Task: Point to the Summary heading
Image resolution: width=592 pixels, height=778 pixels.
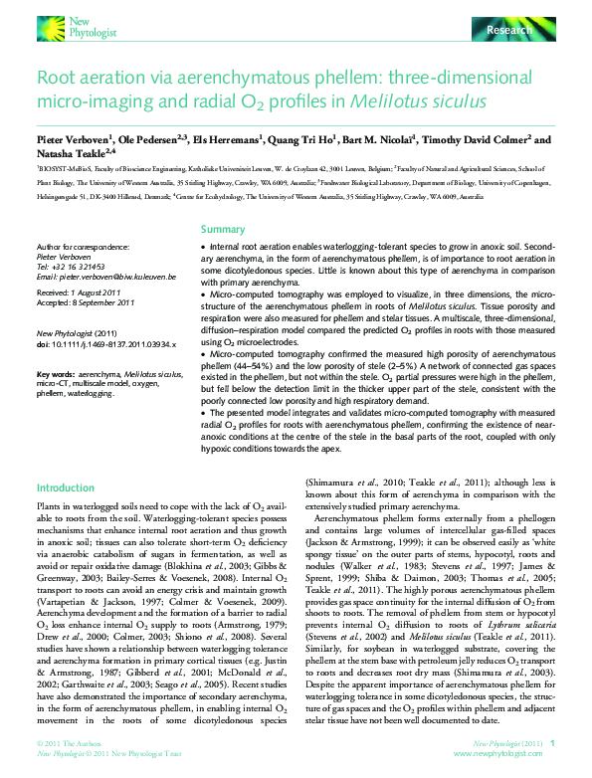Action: [x=222, y=229]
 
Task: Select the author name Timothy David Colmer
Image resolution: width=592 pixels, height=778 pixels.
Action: [x=477, y=141]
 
